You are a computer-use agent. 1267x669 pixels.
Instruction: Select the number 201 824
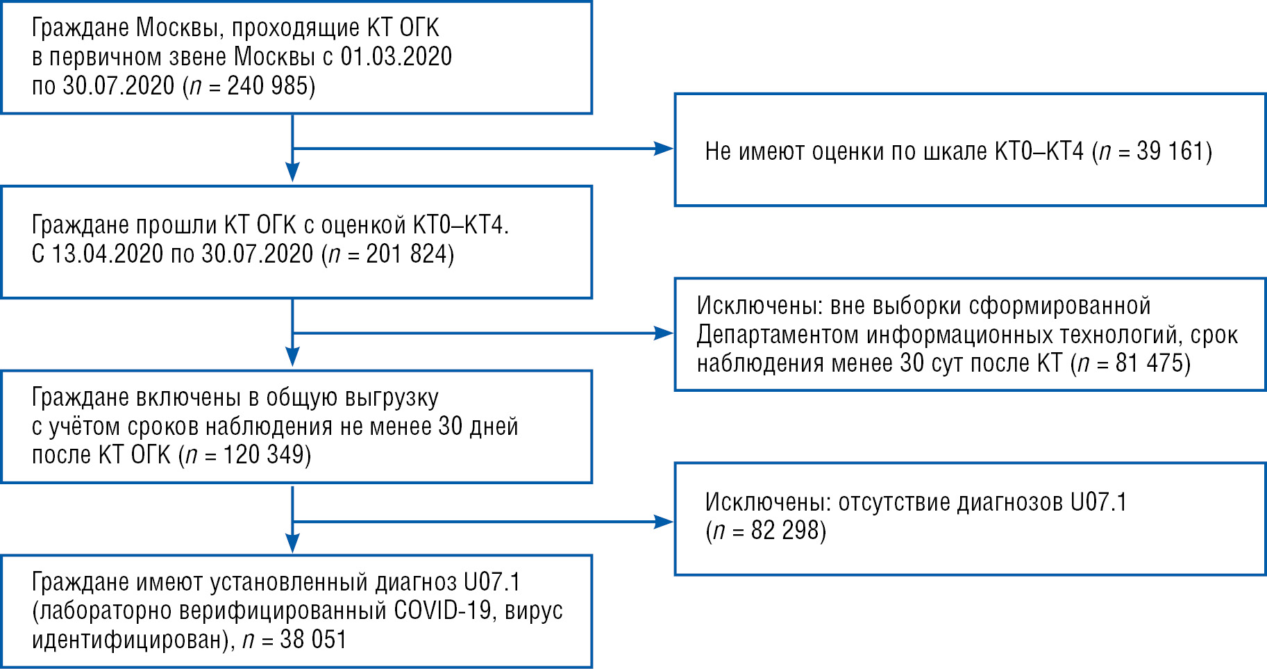[406, 254]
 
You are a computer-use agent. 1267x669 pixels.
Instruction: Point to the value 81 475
[1150, 363]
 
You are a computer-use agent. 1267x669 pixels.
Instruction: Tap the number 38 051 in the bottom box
[313, 640]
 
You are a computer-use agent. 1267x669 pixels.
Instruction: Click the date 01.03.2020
[396, 57]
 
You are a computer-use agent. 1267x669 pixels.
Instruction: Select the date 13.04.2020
[108, 254]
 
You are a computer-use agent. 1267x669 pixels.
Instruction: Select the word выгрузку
[392, 398]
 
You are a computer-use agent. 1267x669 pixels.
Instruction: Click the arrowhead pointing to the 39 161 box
[664, 148]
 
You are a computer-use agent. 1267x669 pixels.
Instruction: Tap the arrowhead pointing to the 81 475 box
[664, 333]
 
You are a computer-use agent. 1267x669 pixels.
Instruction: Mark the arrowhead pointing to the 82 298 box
[664, 522]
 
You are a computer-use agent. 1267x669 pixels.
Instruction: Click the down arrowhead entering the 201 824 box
[293, 172]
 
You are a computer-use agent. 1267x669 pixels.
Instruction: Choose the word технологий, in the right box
[1121, 335]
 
